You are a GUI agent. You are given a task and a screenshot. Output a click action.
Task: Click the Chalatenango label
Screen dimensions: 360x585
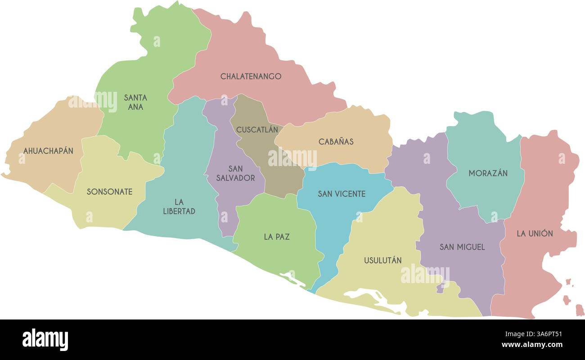[x=251, y=76]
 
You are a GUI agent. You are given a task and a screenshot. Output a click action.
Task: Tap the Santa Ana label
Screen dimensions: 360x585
[x=135, y=102]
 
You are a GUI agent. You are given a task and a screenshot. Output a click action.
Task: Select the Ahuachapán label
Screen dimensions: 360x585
[x=48, y=151]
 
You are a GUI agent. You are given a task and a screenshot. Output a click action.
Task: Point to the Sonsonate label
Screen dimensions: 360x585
[x=109, y=192]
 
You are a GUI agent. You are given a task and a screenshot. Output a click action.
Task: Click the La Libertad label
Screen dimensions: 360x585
[x=179, y=207]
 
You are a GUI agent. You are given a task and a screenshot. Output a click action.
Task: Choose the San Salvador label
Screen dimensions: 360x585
[x=235, y=173]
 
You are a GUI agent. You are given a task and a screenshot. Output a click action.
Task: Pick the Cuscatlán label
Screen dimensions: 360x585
[x=257, y=130]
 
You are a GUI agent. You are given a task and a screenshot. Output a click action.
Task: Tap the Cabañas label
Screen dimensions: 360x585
[x=336, y=142]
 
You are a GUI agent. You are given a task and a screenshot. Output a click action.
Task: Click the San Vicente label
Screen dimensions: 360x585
[x=342, y=194]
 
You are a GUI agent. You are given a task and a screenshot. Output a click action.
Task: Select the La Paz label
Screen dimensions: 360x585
[x=277, y=237]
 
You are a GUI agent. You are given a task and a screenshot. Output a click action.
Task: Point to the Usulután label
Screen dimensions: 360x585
[x=382, y=261]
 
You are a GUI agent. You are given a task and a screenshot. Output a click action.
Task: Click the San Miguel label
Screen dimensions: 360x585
[x=462, y=247]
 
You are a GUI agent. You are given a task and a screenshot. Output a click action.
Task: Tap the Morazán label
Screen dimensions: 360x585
[x=488, y=173]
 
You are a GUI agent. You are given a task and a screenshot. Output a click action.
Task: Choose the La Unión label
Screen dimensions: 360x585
[x=535, y=234]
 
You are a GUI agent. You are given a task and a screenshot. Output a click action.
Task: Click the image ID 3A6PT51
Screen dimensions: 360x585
[x=547, y=334]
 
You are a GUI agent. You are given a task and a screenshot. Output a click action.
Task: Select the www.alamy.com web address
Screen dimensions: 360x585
[x=531, y=345]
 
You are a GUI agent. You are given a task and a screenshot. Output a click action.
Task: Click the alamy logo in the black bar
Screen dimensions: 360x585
[x=45, y=339]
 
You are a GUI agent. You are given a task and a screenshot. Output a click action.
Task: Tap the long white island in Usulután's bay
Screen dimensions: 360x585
[x=367, y=297]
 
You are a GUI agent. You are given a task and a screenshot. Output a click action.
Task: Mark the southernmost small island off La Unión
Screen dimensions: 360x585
[x=580, y=310]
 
